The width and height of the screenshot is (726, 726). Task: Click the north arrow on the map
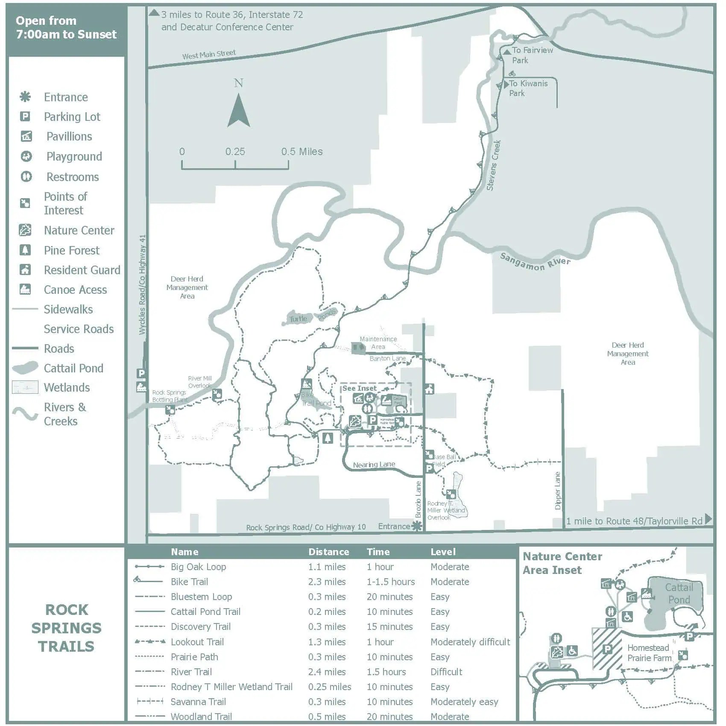(238, 110)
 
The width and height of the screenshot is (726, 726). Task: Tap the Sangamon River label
(535, 262)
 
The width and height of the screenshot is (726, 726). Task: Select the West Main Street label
(209, 55)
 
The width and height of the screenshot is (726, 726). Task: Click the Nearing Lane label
(374, 465)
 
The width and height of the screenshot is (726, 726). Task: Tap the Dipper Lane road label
(558, 491)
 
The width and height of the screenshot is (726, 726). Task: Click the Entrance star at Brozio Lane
(417, 526)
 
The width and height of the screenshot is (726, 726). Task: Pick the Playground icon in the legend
(26, 156)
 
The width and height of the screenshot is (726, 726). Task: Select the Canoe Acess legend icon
(25, 290)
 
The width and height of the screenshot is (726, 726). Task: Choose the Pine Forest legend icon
(25, 250)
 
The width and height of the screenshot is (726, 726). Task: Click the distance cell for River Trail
(327, 672)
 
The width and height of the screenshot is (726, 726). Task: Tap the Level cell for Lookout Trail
(470, 642)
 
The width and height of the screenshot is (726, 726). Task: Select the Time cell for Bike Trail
(391, 582)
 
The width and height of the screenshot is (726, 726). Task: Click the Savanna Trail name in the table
(198, 702)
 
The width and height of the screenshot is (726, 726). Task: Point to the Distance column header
(329, 552)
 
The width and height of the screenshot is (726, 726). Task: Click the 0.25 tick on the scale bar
(235, 152)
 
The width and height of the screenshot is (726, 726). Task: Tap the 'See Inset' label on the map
(359, 388)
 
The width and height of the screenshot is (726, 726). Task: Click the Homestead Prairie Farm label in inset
(649, 653)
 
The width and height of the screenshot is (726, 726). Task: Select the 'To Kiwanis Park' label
(528, 88)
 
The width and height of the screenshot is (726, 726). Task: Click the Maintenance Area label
(378, 343)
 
